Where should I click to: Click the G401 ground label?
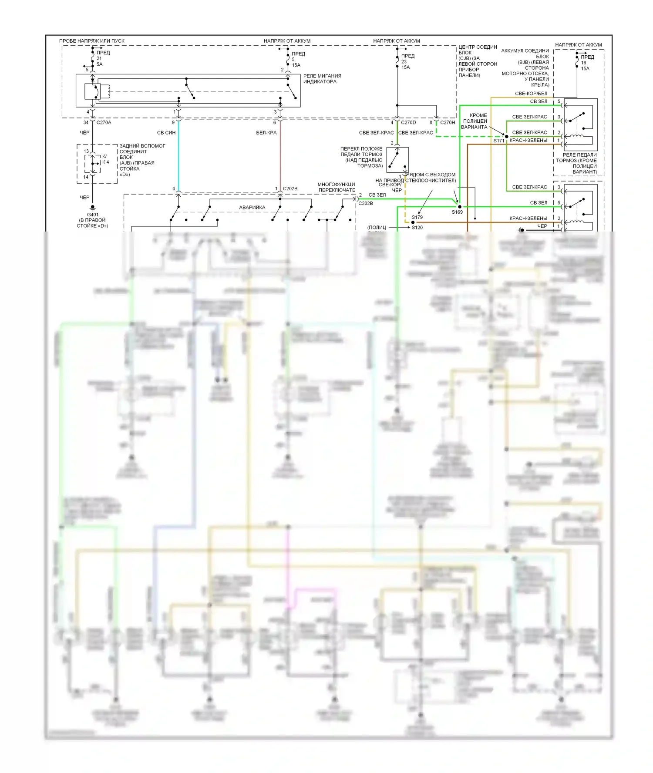[92, 215]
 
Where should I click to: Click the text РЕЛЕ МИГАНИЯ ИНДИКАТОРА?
[322, 79]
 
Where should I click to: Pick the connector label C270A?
[104, 123]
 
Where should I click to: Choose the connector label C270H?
[448, 123]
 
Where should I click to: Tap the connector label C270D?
[408, 123]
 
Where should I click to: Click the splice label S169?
[457, 212]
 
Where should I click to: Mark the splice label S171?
[499, 141]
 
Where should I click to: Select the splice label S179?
[417, 217]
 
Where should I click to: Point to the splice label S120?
[417, 228]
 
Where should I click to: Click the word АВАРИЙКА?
[252, 208]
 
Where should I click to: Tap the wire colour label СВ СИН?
[166, 133]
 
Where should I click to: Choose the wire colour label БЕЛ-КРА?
[266, 133]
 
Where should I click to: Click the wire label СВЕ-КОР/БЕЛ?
[531, 94]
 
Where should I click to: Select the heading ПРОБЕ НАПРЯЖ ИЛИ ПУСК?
[92, 41]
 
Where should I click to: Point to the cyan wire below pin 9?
[178, 157]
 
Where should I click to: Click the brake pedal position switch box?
[397, 160]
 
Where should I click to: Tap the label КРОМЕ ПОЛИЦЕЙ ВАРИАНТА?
[475, 121]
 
